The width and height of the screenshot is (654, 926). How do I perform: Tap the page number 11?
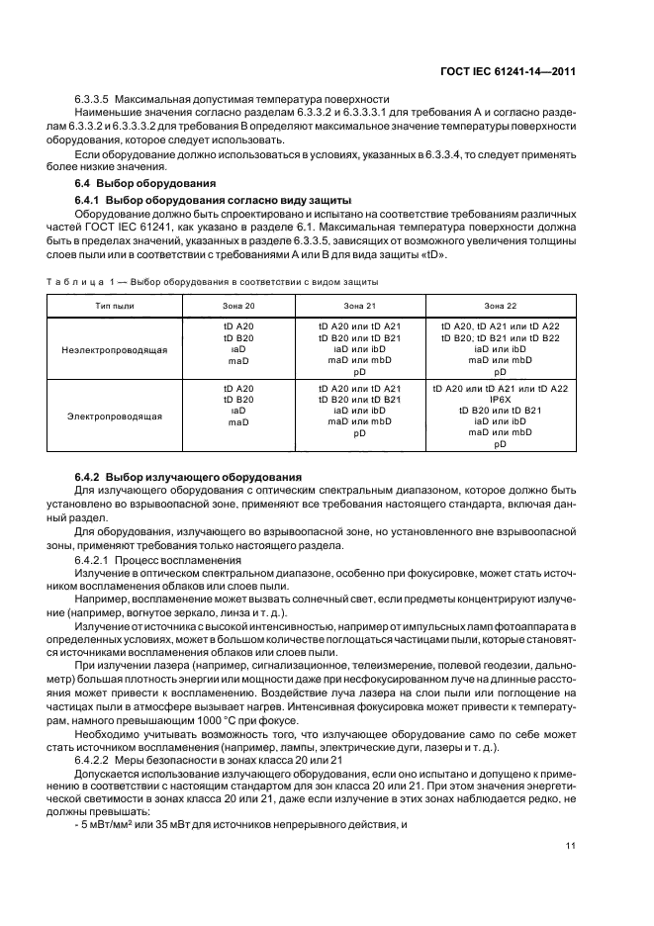pos(571,845)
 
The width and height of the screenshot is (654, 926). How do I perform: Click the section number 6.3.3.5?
pos(92,100)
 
